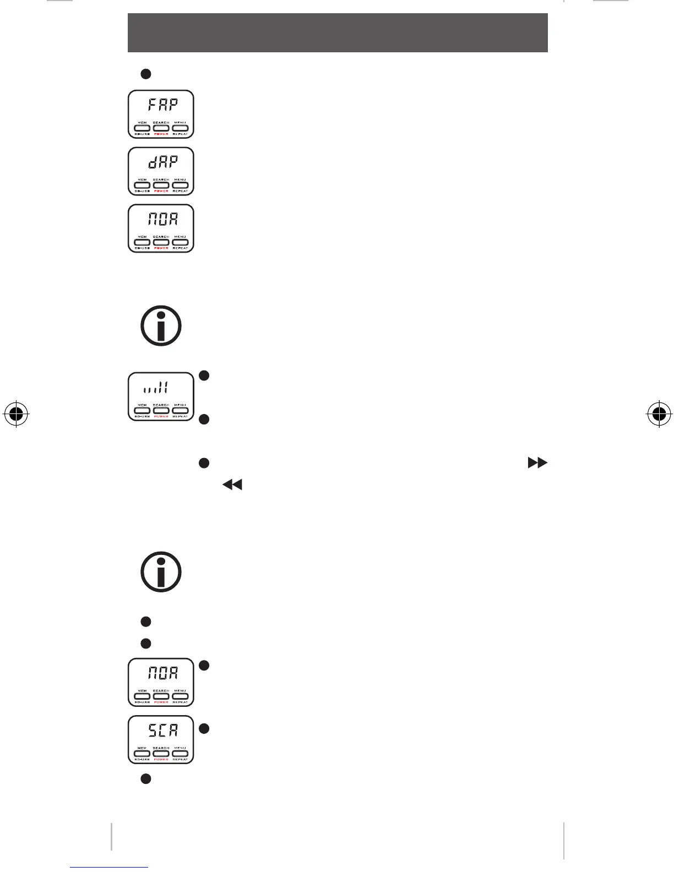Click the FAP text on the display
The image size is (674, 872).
[162, 104]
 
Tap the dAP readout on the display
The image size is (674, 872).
[162, 161]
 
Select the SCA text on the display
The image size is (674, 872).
[162, 731]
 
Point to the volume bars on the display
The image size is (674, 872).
[156, 389]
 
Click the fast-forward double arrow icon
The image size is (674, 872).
[537, 463]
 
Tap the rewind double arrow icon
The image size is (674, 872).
[232, 485]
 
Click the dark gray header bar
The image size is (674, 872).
[338, 33]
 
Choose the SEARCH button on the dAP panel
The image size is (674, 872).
[161, 186]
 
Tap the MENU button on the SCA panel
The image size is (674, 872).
[180, 754]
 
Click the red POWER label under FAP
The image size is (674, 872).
[161, 134]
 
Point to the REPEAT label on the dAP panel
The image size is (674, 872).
[180, 192]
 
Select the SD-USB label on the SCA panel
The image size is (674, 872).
[142, 760]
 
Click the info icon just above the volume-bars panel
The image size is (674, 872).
[161, 326]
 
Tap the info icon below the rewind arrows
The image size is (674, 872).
[161, 572]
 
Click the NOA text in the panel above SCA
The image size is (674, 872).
[162, 673]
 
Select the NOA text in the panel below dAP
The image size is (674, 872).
[162, 219]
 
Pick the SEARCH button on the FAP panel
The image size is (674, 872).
[161, 128]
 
